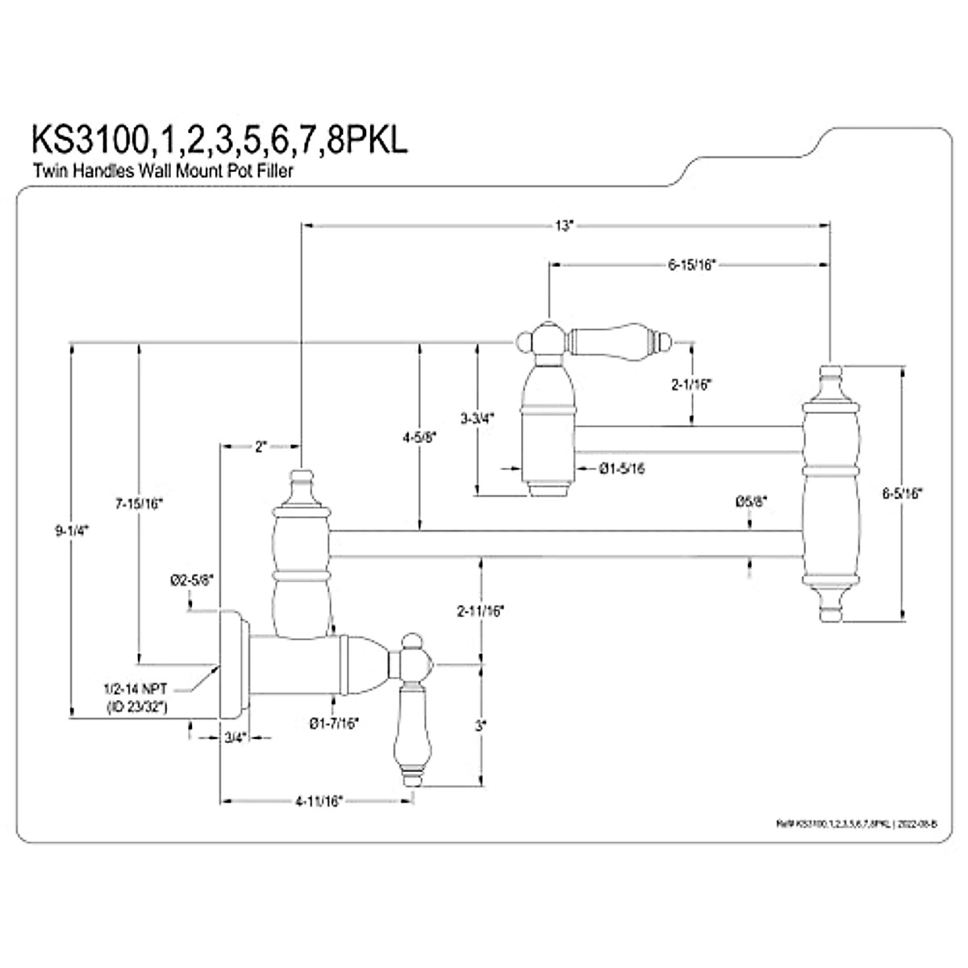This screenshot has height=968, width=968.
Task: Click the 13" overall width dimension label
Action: coord(562,226)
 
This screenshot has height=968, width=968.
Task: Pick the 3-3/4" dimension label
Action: coord(477,418)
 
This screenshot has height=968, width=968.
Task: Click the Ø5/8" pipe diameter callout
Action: coord(751,501)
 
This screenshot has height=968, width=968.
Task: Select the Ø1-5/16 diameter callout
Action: coord(622,467)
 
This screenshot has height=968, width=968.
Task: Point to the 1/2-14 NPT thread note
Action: coord(141,690)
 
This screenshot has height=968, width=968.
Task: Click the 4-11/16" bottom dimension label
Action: coord(319,801)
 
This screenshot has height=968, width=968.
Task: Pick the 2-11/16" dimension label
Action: coord(481,611)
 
